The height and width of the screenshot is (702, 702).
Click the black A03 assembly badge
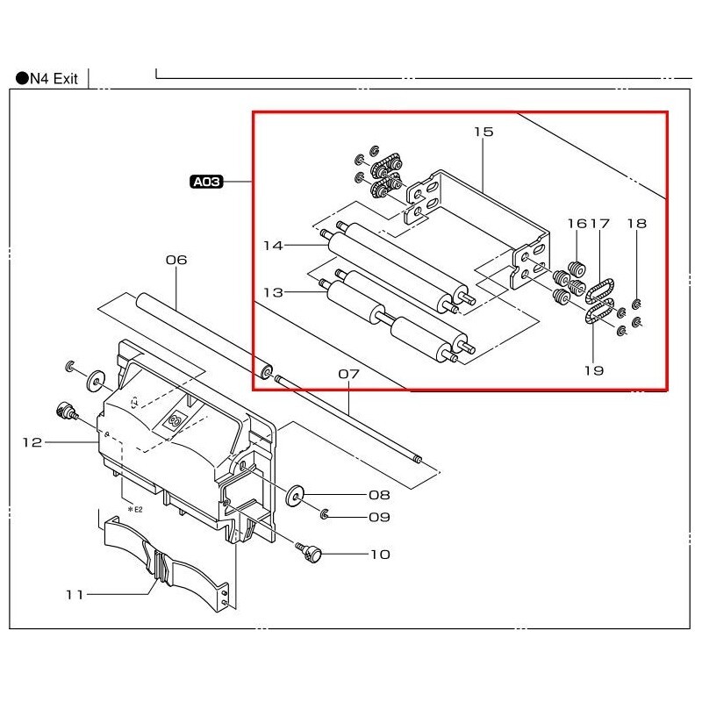pyautogui.click(x=207, y=183)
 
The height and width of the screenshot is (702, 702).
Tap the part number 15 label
pyautogui.click(x=484, y=133)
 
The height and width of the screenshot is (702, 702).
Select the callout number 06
pyautogui.click(x=176, y=260)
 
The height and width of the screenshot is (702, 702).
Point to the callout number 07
pyautogui.click(x=349, y=374)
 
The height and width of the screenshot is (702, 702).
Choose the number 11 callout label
pyautogui.click(x=75, y=595)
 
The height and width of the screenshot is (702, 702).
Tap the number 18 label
pyautogui.click(x=636, y=224)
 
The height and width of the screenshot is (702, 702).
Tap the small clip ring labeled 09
pyautogui.click(x=325, y=513)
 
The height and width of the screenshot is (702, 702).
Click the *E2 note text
pyautogui.click(x=135, y=509)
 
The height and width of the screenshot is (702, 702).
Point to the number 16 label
pyautogui.click(x=577, y=224)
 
